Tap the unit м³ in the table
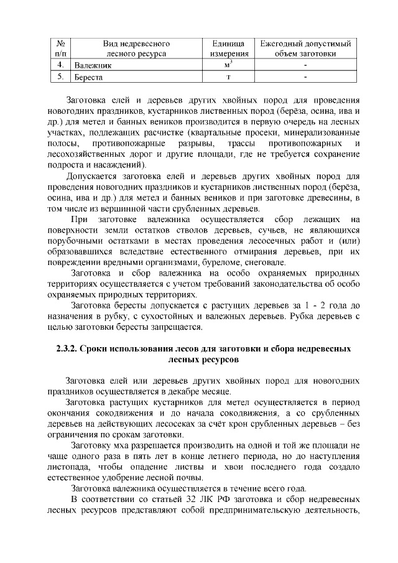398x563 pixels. [x=226, y=65]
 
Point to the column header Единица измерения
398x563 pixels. [x=226, y=49]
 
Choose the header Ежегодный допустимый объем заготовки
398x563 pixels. [x=305, y=49]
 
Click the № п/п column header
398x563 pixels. [x=60, y=49]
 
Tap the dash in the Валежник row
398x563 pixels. [x=305, y=65]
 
